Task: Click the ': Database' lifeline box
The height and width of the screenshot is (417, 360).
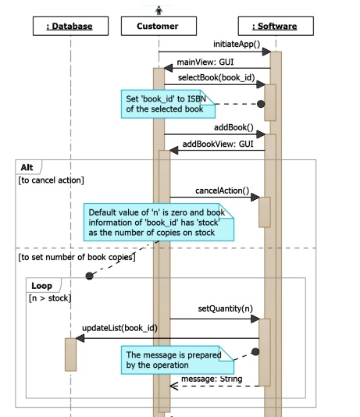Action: [70, 27]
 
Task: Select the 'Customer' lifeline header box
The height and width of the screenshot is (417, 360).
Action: [158, 27]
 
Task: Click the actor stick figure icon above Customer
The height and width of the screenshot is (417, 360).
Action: [159, 9]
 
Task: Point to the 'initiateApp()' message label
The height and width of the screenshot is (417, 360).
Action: [236, 45]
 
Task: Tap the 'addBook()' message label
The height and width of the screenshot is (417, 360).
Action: [234, 127]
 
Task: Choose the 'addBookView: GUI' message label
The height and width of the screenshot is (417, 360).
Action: [218, 144]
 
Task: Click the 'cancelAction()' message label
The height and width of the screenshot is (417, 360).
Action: [222, 191]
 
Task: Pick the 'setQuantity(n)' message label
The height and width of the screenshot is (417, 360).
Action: [225, 309]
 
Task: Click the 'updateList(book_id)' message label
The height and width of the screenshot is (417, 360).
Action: [119, 328]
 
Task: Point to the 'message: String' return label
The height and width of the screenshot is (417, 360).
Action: [210, 380]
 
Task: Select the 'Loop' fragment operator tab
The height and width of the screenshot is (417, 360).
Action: [41, 286]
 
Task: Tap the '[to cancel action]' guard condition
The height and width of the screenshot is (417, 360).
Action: [51, 180]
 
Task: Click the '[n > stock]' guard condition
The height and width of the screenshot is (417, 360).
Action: [51, 298]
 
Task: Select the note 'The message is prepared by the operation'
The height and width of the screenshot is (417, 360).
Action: [173, 360]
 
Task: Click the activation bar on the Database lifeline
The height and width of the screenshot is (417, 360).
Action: [70, 354]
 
